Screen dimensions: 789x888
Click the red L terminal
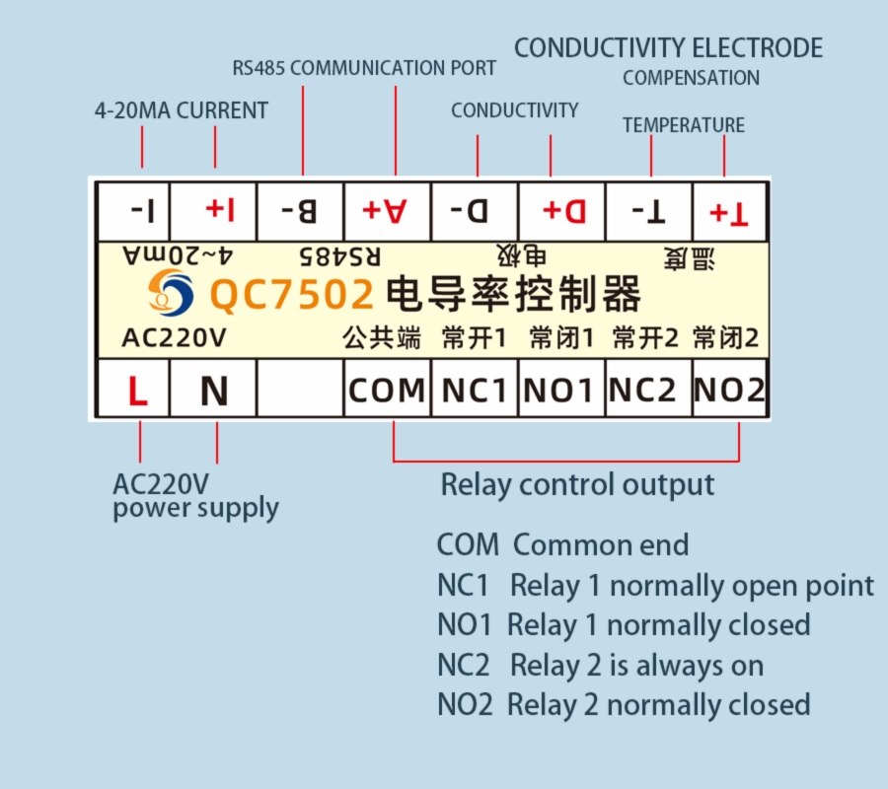(x=137, y=392)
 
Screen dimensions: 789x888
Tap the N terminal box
(x=213, y=392)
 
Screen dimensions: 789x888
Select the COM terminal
(x=387, y=392)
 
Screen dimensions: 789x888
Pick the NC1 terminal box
(x=474, y=392)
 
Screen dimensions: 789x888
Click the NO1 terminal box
(x=559, y=392)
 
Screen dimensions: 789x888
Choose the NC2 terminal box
(x=642, y=392)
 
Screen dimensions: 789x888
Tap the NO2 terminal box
(x=729, y=392)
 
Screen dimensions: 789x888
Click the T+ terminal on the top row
(x=729, y=211)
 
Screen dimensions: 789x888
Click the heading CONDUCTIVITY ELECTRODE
(x=668, y=47)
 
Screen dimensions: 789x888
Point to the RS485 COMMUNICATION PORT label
(x=364, y=69)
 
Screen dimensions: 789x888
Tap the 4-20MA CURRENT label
(x=181, y=110)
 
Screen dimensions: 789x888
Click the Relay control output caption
(x=577, y=485)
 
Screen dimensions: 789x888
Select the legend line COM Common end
(x=562, y=544)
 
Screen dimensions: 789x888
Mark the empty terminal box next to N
(x=299, y=392)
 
